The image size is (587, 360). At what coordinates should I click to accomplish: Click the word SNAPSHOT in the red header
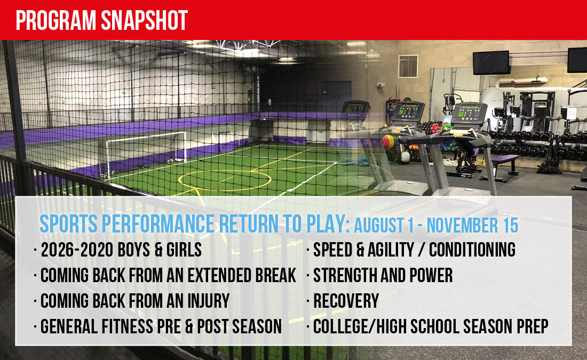[144, 20]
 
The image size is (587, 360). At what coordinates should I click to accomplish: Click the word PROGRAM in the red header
[56, 20]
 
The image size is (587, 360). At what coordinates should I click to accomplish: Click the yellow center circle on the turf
[225, 181]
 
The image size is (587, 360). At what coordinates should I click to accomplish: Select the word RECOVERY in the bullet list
[346, 301]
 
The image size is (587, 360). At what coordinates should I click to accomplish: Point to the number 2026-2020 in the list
[77, 250]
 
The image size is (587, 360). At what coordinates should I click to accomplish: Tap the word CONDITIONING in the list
[472, 250]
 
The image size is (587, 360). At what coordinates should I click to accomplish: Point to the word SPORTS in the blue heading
[68, 224]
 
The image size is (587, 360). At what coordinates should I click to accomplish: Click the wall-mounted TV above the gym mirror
[491, 62]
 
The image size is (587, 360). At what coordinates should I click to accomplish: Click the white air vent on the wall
[408, 66]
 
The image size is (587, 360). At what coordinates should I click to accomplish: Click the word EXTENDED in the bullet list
[219, 275]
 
